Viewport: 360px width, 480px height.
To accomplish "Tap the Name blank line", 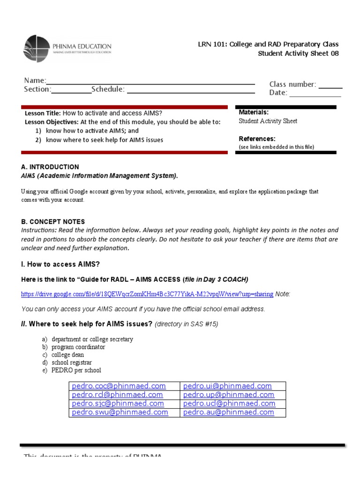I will pyautogui.click(x=150, y=82).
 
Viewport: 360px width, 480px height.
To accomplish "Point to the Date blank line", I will pyautogui.click(x=315, y=94).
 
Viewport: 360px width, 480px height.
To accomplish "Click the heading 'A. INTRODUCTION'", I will pyautogui.click(x=50, y=167).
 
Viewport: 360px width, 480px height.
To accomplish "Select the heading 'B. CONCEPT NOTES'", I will pyautogui.click(x=53, y=222).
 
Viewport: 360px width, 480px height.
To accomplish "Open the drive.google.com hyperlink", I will pyautogui.click(x=147, y=294).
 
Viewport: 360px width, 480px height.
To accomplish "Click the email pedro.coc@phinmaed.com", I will pyautogui.click(x=119, y=386).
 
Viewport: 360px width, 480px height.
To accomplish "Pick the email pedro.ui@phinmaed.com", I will pyautogui.click(x=227, y=386).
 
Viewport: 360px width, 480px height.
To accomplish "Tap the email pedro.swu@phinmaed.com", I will pyautogui.click(x=120, y=412).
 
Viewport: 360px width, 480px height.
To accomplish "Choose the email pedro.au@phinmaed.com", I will pyautogui.click(x=228, y=412).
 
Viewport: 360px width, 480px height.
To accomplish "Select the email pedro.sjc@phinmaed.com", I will pyautogui.click(x=118, y=404).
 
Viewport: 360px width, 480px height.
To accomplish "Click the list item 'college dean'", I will pyautogui.click(x=68, y=355).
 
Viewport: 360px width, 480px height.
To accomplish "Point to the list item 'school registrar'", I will pyautogui.click(x=72, y=363).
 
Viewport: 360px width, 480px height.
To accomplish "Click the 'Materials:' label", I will pyautogui.click(x=254, y=112).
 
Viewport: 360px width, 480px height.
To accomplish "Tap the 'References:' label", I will pyautogui.click(x=257, y=139).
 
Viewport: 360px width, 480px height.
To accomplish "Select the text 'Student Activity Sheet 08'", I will pyautogui.click(x=298, y=53).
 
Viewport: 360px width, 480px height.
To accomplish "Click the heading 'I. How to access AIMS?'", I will pyautogui.click(x=60, y=264).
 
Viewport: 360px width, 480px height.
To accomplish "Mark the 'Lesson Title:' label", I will pyautogui.click(x=43, y=113).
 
